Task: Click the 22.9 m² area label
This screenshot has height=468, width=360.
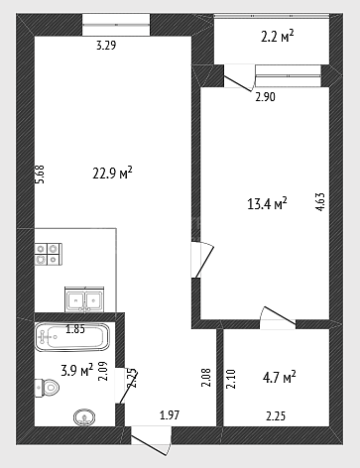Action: click(112, 173)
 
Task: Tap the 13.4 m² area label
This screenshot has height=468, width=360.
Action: click(267, 203)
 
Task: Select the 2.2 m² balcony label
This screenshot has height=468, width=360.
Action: click(278, 36)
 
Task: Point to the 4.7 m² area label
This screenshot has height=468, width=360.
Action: click(279, 377)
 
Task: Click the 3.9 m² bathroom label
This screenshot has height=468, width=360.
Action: click(77, 370)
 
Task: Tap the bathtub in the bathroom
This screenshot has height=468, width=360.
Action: click(72, 337)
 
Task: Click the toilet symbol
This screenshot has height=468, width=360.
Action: click(47, 387)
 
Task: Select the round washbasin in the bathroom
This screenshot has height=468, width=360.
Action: click(84, 417)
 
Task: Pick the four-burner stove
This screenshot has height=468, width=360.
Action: click(49, 254)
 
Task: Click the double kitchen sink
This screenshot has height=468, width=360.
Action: click(85, 299)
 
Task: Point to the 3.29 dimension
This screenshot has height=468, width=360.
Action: click(106, 46)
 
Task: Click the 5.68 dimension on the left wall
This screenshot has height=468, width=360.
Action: click(40, 175)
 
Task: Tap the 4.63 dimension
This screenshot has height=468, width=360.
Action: click(320, 202)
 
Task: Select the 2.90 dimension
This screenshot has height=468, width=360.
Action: click(265, 97)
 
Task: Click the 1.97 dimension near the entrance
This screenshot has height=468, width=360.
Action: click(170, 415)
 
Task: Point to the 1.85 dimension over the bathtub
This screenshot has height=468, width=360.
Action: click(75, 329)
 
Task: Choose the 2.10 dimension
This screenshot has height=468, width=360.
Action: click(232, 379)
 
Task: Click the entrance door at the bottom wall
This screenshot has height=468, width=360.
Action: click(151, 441)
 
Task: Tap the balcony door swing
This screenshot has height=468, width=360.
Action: click(239, 79)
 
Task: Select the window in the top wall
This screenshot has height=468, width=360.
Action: click(116, 25)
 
